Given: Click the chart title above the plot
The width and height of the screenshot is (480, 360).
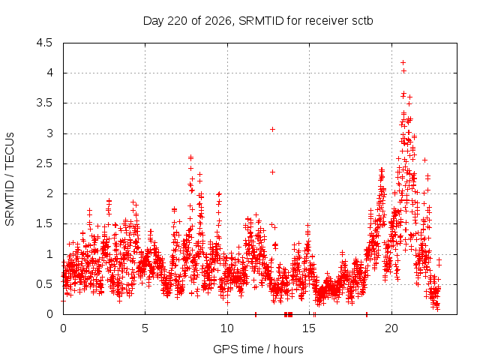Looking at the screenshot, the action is pyautogui.click(x=258, y=21).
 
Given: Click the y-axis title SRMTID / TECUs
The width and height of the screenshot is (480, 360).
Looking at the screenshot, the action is pyautogui.click(x=10, y=179).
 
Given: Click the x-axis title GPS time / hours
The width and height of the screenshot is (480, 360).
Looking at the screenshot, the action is pyautogui.click(x=258, y=349).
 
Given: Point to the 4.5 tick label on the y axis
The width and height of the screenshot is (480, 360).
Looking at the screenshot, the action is pyautogui.click(x=44, y=43).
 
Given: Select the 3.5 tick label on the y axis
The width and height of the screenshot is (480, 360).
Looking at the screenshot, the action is pyautogui.click(x=44, y=103).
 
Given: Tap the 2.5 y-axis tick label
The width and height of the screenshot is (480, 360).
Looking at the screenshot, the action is pyautogui.click(x=44, y=163).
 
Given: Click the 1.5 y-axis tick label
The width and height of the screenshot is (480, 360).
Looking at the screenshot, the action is pyautogui.click(x=44, y=223).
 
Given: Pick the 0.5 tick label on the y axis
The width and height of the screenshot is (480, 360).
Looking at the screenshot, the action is pyautogui.click(x=44, y=284).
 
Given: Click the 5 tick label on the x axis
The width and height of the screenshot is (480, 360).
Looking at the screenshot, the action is pyautogui.click(x=145, y=328).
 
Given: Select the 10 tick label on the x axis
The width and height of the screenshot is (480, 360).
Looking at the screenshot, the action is pyautogui.click(x=227, y=328).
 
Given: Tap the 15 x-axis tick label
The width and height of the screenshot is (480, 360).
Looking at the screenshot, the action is pyautogui.click(x=309, y=328).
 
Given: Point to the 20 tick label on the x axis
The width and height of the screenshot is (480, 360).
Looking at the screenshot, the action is pyautogui.click(x=391, y=328).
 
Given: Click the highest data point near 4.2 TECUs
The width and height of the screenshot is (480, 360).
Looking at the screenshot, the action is pyautogui.click(x=403, y=63).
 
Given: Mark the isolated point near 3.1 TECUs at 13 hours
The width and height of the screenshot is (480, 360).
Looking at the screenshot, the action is pyautogui.click(x=272, y=130).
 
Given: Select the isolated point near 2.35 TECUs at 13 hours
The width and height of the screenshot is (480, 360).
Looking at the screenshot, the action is pyautogui.click(x=272, y=172).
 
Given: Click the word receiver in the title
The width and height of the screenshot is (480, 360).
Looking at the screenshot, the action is pyautogui.click(x=326, y=21).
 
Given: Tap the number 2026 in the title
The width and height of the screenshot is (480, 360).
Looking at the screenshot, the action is pyautogui.click(x=218, y=21).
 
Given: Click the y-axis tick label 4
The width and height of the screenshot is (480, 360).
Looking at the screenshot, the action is pyautogui.click(x=49, y=73).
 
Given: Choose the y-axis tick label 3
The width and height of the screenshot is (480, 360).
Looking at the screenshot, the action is pyautogui.click(x=49, y=133).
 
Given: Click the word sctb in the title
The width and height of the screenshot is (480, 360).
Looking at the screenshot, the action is pyautogui.click(x=362, y=21).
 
